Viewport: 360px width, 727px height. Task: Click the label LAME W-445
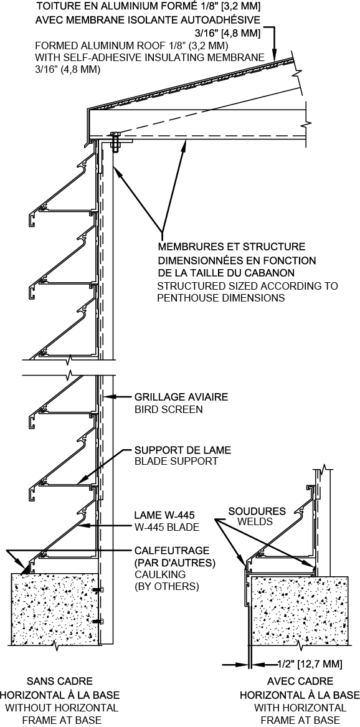[x=164, y=515]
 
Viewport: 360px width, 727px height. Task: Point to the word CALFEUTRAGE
[x=171, y=551]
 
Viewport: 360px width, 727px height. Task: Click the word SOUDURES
[x=257, y=511]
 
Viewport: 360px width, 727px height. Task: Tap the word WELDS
[x=254, y=522]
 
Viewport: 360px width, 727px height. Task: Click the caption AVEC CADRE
[x=300, y=681]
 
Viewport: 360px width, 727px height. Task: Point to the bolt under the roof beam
[x=115, y=141]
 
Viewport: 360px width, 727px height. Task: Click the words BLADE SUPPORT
[x=176, y=462]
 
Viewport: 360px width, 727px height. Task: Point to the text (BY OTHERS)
[x=166, y=586]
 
